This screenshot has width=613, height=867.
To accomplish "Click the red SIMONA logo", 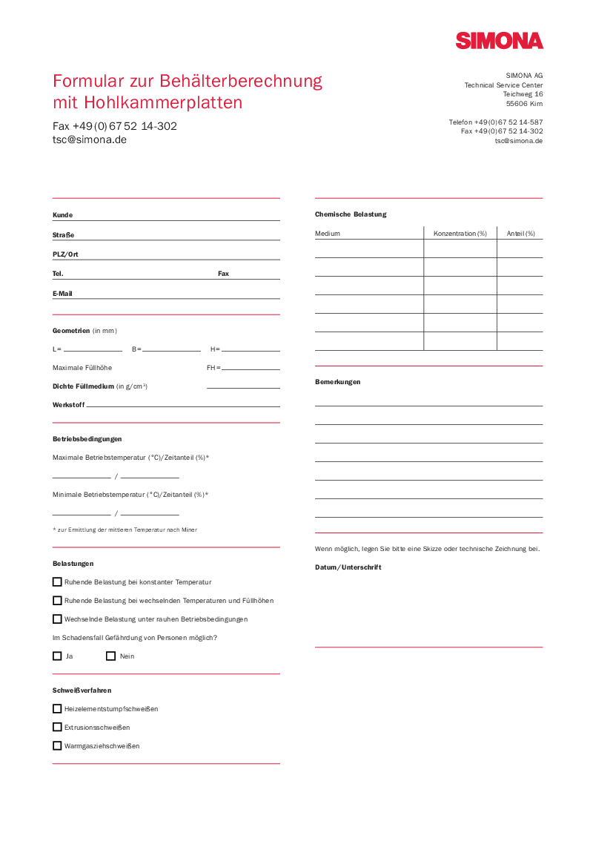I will pyautogui.click(x=499, y=41).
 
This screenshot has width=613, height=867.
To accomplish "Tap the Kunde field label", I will pyautogui.click(x=62, y=215).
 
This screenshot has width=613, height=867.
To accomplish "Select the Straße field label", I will pyautogui.click(x=63, y=235).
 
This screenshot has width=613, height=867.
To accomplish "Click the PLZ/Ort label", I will pyautogui.click(x=65, y=254).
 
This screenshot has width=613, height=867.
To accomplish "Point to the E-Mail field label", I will pyautogui.click(x=62, y=294).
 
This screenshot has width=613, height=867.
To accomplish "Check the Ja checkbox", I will pyautogui.click(x=57, y=656).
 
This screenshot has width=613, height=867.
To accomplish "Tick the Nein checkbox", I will pyautogui.click(x=110, y=656).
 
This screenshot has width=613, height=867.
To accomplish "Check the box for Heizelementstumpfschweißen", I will pyautogui.click(x=57, y=708).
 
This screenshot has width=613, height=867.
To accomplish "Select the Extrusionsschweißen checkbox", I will pyautogui.click(x=57, y=727).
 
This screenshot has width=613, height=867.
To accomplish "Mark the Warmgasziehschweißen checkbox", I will pyautogui.click(x=57, y=745).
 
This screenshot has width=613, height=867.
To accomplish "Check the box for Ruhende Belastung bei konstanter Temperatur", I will pyautogui.click(x=57, y=581).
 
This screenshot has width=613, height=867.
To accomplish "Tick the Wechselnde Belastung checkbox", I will pyautogui.click(x=57, y=619).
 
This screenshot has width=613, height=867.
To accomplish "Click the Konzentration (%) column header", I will pyautogui.click(x=460, y=234).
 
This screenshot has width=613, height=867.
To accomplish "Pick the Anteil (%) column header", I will pyautogui.click(x=520, y=234).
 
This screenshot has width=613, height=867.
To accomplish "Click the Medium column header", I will pyautogui.click(x=328, y=234).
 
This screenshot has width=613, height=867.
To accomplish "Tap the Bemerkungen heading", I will pyautogui.click(x=337, y=382).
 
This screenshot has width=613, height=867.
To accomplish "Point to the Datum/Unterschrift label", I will pyautogui.click(x=348, y=567).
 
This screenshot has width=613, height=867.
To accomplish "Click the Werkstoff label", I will pyautogui.click(x=68, y=405).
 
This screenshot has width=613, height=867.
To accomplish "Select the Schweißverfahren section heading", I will pyautogui.click(x=82, y=690).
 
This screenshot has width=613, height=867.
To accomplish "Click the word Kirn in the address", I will pyautogui.click(x=536, y=104).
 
